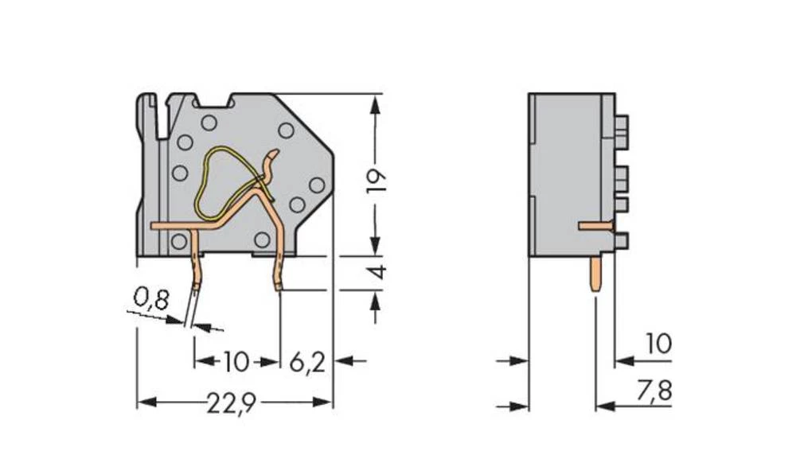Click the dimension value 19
pos(378,181)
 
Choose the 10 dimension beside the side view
pos(657,344)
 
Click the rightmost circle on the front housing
pos(316,185)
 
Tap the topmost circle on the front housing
pos(209,123)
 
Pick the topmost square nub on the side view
pos(621,124)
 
